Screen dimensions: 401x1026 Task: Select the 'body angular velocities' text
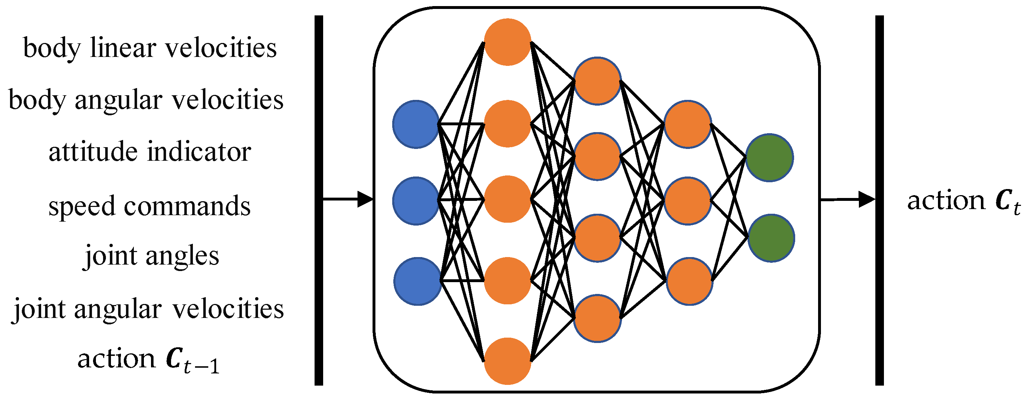146,100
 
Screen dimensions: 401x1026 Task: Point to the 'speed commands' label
149,206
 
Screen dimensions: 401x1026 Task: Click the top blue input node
416,124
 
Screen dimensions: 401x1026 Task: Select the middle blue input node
416,201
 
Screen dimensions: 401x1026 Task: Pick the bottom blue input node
417,281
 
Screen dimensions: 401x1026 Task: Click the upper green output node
769,158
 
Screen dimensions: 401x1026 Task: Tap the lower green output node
771,238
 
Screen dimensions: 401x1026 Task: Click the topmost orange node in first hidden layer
507,42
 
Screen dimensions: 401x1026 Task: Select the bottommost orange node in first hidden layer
507,361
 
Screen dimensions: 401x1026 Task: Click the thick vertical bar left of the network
319,200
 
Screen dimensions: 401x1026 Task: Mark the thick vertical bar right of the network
879,200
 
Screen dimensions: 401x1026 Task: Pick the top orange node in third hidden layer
687,124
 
